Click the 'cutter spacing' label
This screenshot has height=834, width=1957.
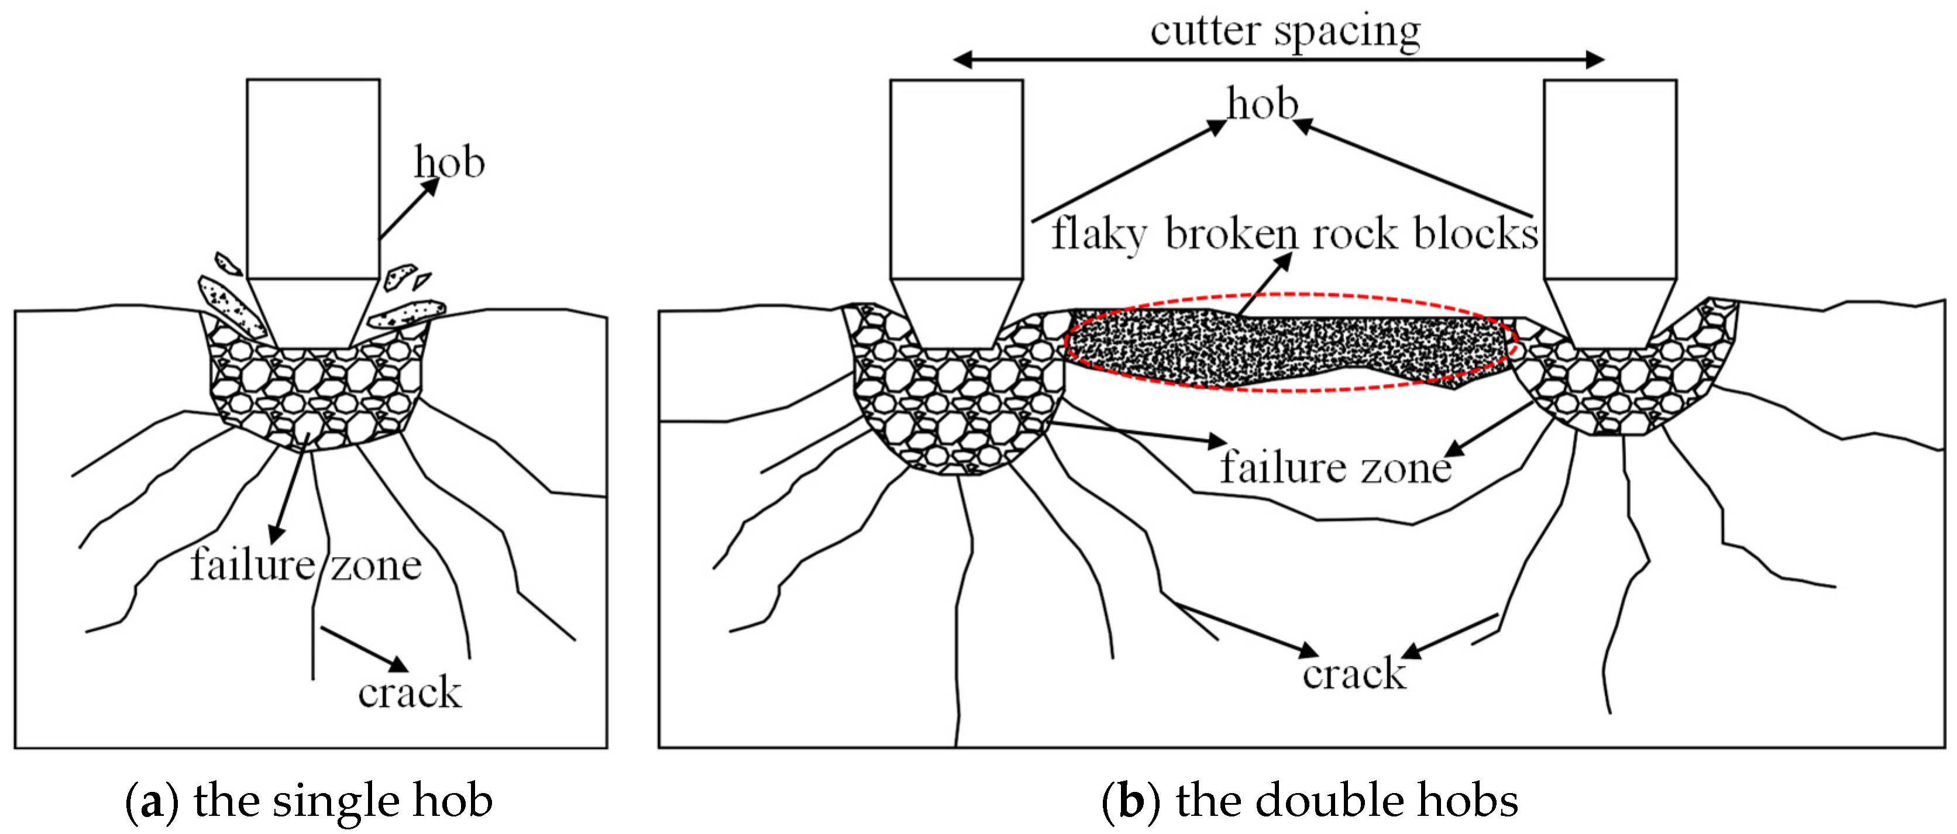point(1285,32)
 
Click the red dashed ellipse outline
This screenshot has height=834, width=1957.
point(1291,294)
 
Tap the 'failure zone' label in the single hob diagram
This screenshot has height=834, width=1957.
point(305,565)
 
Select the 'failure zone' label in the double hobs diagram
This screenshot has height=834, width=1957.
point(1336,467)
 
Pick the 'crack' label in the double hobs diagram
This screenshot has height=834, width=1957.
point(1354,674)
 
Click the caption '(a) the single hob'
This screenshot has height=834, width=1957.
point(308,801)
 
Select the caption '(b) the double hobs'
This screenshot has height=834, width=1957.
point(1309,801)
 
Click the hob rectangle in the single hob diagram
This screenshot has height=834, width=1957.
point(313,178)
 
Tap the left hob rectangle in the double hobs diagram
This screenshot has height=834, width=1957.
point(956,178)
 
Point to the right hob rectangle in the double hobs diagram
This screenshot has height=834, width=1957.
point(1610,178)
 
